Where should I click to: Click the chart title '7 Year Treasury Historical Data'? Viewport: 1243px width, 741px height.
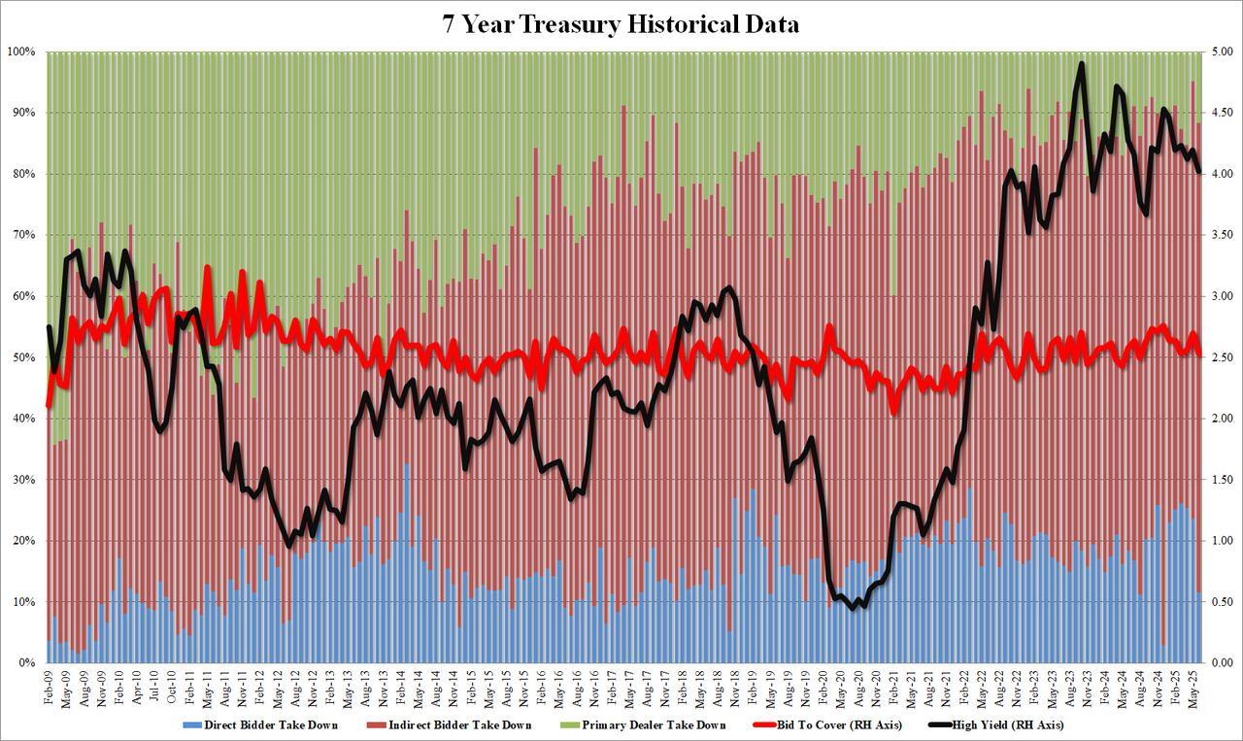(x=621, y=25)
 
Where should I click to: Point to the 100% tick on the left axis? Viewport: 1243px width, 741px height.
(x=21, y=51)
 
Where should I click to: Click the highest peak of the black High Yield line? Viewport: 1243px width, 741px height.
(x=1081, y=64)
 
